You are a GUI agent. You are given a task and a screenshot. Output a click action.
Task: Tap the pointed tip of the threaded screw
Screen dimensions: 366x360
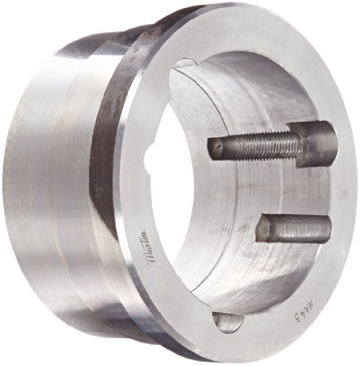[213, 148]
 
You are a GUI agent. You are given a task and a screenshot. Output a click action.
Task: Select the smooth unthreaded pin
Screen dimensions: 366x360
[293, 229]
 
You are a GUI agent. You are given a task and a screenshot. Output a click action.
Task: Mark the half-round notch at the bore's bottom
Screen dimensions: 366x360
[226, 320]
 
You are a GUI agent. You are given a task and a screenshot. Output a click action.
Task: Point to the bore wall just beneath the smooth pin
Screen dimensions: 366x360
[278, 264]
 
